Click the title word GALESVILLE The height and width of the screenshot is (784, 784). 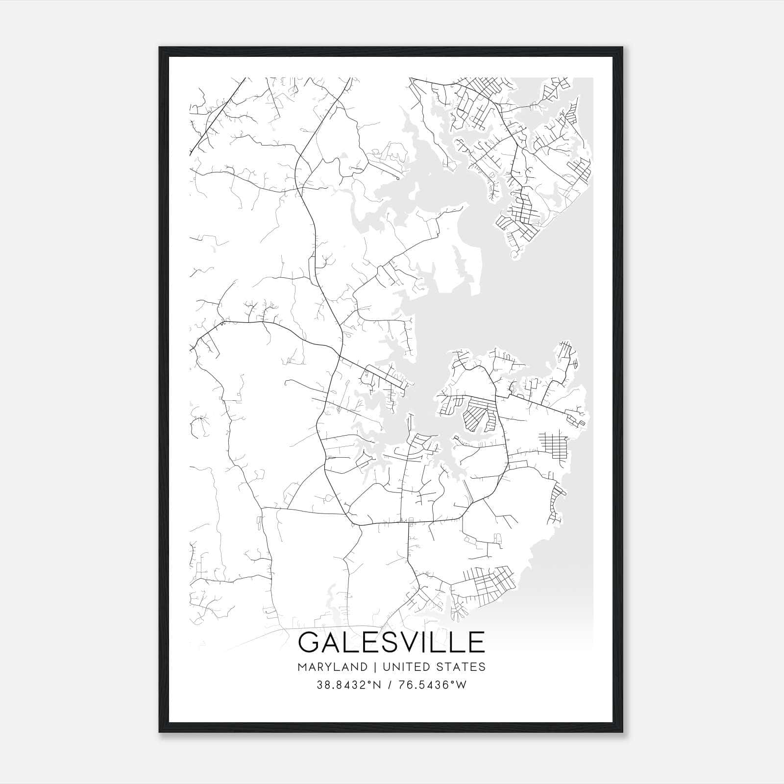tap(392, 642)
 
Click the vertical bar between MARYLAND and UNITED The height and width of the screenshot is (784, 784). tap(375, 667)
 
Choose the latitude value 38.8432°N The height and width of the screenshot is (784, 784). tap(349, 685)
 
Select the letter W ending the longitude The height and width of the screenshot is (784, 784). tap(462, 685)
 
